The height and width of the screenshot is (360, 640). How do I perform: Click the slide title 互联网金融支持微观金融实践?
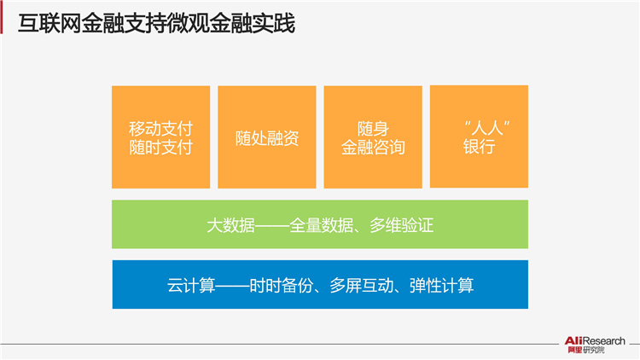pyautogui.click(x=156, y=24)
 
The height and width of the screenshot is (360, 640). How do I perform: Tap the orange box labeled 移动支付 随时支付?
pyautogui.click(x=160, y=137)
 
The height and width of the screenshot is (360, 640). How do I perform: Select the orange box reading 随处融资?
pyautogui.click(x=267, y=137)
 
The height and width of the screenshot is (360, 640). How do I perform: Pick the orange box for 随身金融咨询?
pyautogui.click(x=373, y=137)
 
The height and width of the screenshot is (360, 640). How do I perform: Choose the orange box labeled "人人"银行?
pyautogui.click(x=480, y=136)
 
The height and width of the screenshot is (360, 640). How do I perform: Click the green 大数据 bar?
pyautogui.click(x=320, y=224)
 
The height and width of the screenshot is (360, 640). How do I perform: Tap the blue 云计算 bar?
pyautogui.click(x=320, y=284)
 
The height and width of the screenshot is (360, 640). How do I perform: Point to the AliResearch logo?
pyautogui.click(x=595, y=345)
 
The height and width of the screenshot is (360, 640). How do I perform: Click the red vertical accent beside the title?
pyautogui.click(x=1, y=20)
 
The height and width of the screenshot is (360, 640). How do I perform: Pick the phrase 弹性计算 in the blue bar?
pyautogui.click(x=442, y=285)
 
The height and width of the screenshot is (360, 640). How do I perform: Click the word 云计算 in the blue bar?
pyautogui.click(x=191, y=285)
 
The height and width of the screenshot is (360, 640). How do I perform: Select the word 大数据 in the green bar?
pyautogui.click(x=230, y=225)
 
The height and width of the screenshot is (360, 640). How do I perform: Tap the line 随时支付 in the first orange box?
pyautogui.click(x=160, y=148)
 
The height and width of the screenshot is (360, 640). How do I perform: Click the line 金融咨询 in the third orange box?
pyautogui.click(x=373, y=148)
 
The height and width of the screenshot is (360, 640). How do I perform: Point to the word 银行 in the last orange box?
pyautogui.click(x=480, y=147)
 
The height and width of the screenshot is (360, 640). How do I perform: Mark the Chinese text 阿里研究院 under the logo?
pyautogui.click(x=586, y=351)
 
